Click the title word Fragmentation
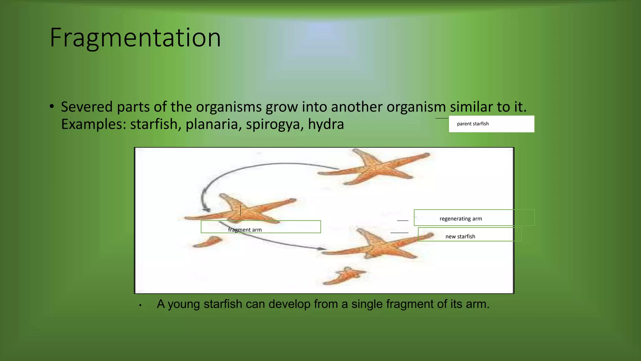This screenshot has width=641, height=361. coord(135,38)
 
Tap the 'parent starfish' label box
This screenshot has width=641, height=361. coord(491,124)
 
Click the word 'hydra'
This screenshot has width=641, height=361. coord(326,124)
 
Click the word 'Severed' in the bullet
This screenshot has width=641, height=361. coord(87,107)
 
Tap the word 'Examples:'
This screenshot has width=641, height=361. coord(93,124)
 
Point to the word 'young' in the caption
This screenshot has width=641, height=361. coord(183,304)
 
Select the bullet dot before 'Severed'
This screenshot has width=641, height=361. coord(52,107)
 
